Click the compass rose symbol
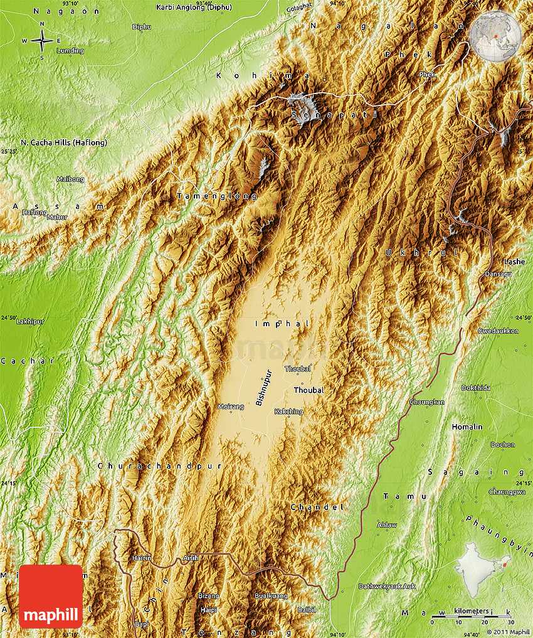(x=42, y=41)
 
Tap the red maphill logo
(x=51, y=596)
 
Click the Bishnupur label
(x=265, y=387)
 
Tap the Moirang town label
(x=230, y=407)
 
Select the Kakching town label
(x=288, y=412)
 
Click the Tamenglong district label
(x=217, y=196)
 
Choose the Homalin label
(x=467, y=427)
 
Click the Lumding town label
(x=70, y=50)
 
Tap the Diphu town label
(x=142, y=26)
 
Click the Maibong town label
(x=70, y=179)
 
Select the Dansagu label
(x=498, y=274)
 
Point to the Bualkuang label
(x=271, y=595)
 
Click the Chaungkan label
(x=427, y=401)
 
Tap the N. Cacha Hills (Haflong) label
(x=64, y=142)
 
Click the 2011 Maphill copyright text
(x=509, y=632)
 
